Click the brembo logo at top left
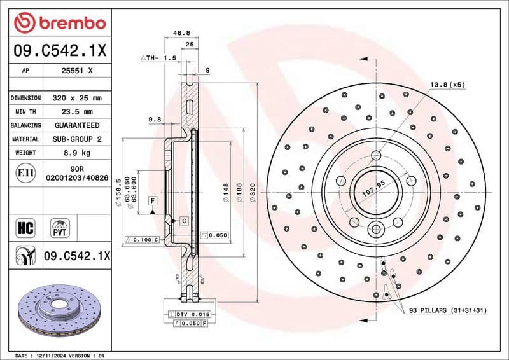(59, 24)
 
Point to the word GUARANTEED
(76, 125)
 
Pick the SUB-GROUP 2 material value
(76, 139)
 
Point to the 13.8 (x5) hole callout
(447, 84)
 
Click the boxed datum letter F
(153, 201)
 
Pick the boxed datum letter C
(183, 221)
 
